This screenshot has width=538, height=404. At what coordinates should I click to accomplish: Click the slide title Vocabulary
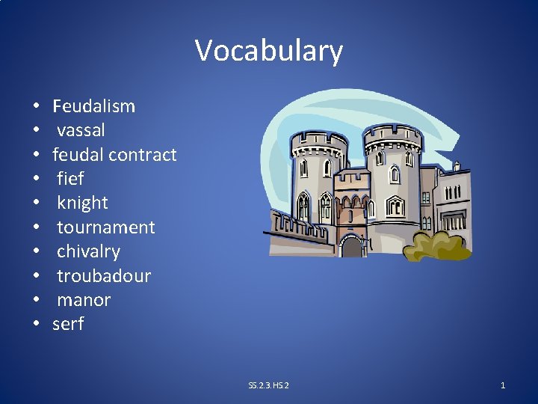tap(269, 51)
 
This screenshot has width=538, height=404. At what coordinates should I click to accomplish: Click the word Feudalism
tap(93, 106)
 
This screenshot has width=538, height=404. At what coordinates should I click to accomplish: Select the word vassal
tap(81, 130)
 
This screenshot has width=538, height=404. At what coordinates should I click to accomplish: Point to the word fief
tap(70, 179)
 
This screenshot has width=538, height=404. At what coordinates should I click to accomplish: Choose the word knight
tap(82, 203)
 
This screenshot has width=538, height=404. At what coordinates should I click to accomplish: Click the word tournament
tap(105, 227)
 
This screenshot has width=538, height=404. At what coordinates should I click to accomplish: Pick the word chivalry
tap(88, 251)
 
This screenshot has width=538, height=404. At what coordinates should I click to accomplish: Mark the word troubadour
tap(104, 276)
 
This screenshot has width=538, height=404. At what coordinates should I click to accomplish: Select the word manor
tap(84, 300)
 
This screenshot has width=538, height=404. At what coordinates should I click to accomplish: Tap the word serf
tap(68, 324)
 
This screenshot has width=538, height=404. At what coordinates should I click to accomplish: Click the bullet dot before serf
tap(36, 325)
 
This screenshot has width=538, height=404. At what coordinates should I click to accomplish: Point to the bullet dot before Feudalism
tap(36, 106)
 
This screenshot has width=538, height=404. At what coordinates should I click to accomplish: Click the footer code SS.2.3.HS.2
tap(268, 385)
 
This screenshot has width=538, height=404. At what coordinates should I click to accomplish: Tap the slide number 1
tap(502, 385)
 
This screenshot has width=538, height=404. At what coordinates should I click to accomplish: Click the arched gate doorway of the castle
tap(351, 245)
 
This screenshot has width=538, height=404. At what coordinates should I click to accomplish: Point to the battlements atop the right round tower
tap(392, 135)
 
